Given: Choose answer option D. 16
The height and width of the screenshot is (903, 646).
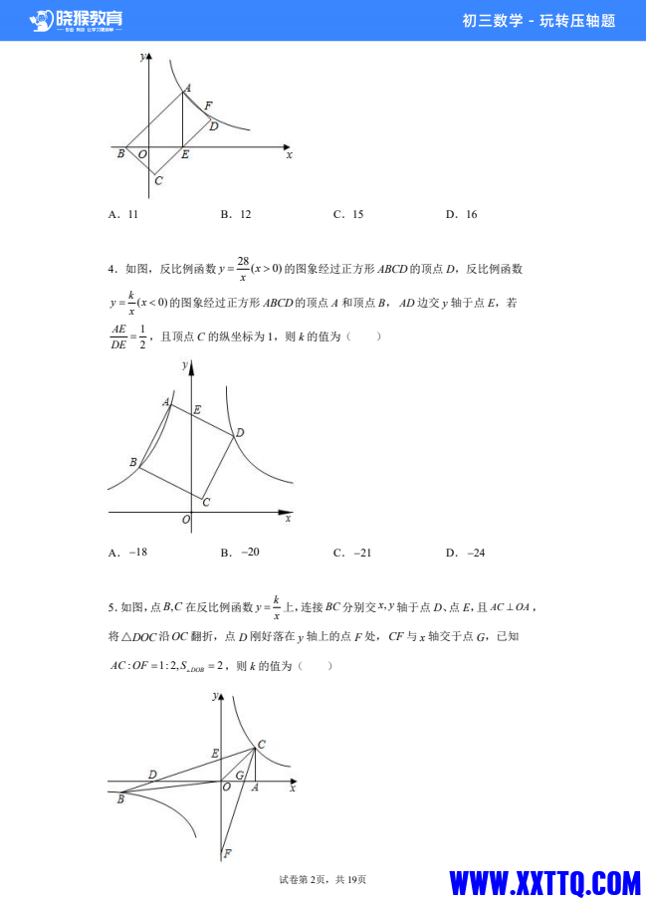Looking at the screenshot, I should pos(461,214).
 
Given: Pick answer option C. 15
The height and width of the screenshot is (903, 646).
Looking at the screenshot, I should pos(348,214).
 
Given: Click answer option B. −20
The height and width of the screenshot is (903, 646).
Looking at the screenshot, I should pos(240,553).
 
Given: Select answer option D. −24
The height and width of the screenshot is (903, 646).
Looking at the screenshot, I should pos(465,553).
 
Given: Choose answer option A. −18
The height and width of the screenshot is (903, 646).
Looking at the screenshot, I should pos(128,553).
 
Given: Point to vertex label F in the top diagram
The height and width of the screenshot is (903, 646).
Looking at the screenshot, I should pos(207,106).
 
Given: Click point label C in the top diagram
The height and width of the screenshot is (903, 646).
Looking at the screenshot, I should pos(158,180).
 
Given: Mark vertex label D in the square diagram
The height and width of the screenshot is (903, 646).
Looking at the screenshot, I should pos(239,433).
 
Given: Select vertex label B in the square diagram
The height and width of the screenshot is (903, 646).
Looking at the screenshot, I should pos(132,462).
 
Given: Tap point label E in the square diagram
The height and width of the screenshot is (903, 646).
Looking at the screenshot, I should pos(196,409).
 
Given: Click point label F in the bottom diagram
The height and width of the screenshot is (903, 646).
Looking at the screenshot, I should pos(228,853).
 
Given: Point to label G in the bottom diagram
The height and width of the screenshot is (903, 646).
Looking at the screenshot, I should pos(239,775).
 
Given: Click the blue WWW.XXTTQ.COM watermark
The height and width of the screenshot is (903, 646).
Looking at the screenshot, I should pos(543,883).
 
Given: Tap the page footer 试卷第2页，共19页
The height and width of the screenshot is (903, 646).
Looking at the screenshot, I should pos(323,879).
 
